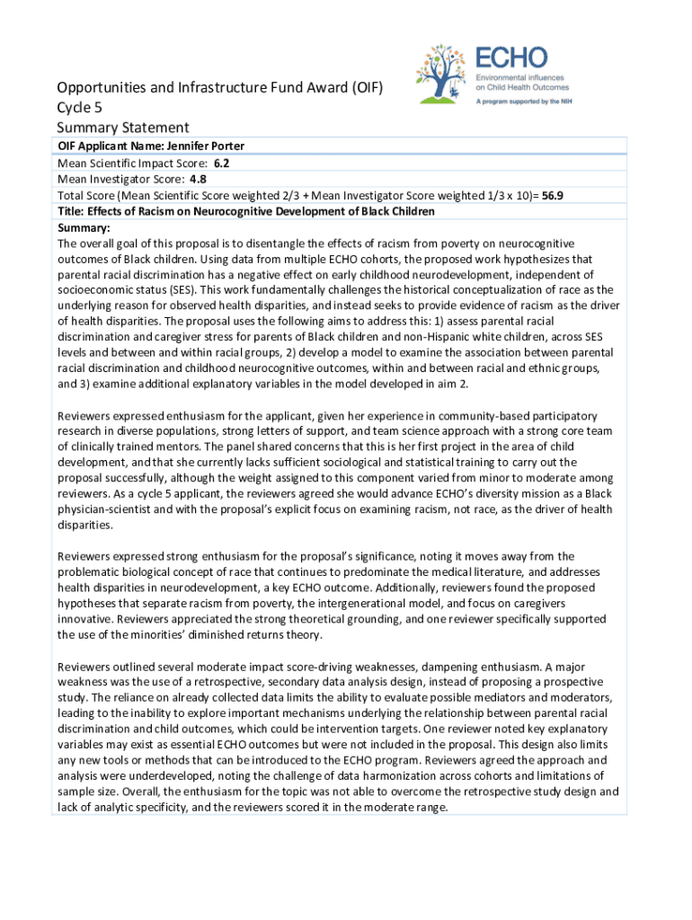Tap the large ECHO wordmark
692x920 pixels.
pos(511,58)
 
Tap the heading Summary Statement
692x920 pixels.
pos(123,128)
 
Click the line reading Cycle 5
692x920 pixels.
pos(79,108)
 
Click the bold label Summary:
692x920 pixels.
pos(84,227)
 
